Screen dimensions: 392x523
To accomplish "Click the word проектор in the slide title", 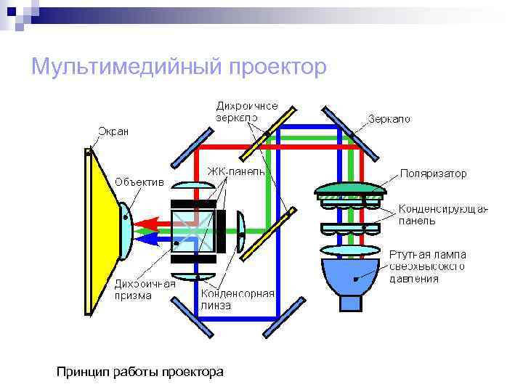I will tap(277, 68).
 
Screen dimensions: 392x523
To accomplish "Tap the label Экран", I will tap(113, 131).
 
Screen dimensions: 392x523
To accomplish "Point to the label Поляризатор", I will tap(434, 174).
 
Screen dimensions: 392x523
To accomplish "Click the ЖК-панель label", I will tap(235, 172).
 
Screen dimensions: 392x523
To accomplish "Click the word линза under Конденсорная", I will tap(216, 305).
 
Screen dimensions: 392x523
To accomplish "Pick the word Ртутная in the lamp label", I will tap(408, 255).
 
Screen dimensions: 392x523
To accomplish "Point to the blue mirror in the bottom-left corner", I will tap(195, 317).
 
